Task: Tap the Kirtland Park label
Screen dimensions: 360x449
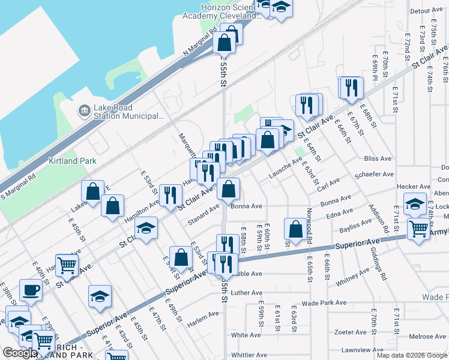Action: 72,161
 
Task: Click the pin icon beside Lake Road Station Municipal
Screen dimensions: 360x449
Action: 84,111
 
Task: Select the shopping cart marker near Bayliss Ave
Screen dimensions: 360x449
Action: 418,229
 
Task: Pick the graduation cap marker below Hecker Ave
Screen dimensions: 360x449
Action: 415,204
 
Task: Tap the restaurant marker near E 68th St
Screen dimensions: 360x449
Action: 352,88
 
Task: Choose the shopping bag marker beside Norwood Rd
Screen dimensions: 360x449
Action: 296,229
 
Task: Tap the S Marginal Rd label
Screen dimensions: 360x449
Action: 18,186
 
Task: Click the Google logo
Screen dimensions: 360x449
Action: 20,353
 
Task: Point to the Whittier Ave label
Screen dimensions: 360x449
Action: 249,355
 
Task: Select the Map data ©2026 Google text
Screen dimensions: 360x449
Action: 411,355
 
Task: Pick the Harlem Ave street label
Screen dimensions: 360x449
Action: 202,316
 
